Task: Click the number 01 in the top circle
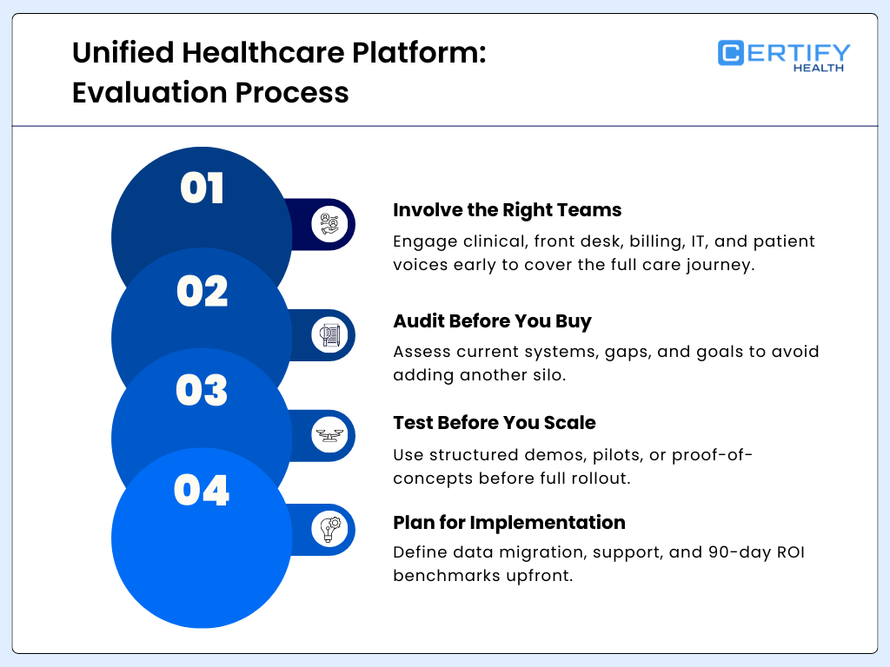[x=202, y=188]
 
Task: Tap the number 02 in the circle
[x=202, y=291]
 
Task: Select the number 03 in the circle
[x=202, y=390]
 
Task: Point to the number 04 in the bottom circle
[x=202, y=491]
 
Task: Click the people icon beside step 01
[x=329, y=225]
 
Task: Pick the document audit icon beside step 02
[x=329, y=334]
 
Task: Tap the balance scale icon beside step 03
[x=329, y=435]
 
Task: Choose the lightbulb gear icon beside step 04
[x=329, y=529]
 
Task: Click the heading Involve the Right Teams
[x=507, y=209]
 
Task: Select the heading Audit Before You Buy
[x=492, y=320]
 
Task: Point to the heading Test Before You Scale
[x=494, y=422]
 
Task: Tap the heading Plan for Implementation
[x=508, y=522]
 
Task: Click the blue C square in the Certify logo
[x=731, y=53]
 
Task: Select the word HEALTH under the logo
[x=818, y=68]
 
